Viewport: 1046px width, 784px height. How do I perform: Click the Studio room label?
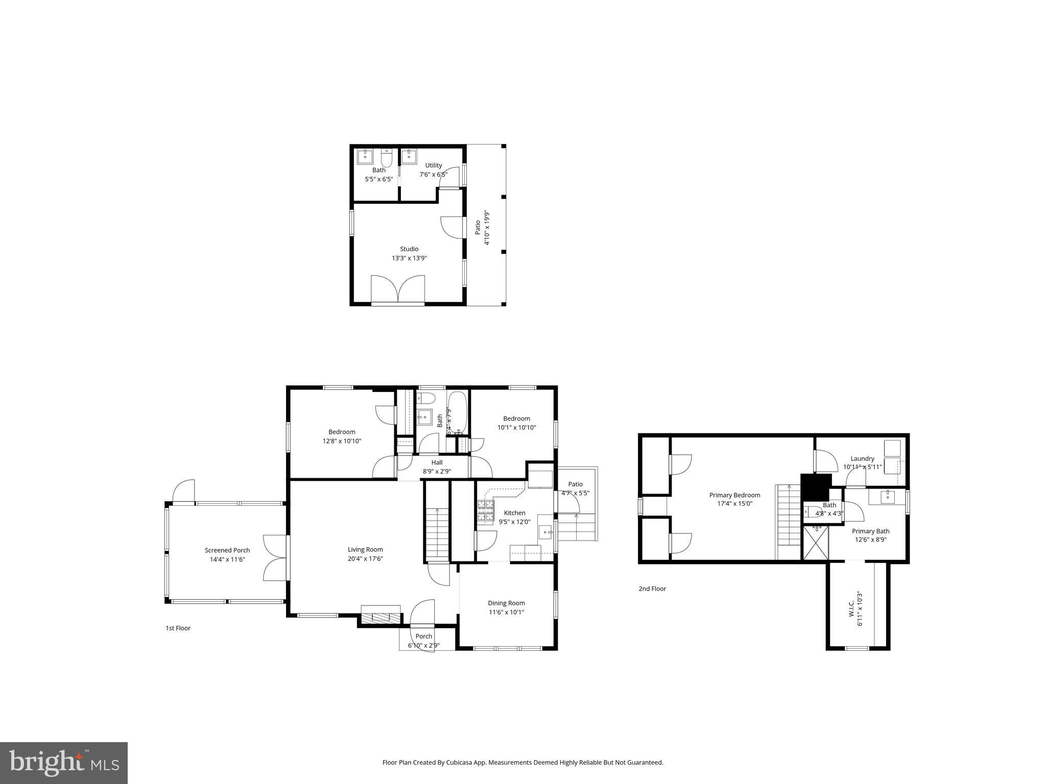409,249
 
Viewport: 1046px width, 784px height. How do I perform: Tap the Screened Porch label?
227,550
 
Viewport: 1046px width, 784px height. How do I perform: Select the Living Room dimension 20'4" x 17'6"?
365,559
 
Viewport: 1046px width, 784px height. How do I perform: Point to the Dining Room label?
506,603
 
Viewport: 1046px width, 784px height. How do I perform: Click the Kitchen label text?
514,513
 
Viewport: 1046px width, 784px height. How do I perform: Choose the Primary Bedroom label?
734,495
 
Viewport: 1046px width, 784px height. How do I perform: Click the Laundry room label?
862,458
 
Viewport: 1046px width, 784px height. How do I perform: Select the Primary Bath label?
870,531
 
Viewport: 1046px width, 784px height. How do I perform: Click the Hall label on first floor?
437,462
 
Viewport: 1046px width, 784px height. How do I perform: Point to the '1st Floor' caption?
178,628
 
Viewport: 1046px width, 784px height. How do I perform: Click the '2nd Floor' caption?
652,589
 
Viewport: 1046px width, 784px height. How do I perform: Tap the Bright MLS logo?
64,763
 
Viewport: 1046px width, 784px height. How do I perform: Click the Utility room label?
434,165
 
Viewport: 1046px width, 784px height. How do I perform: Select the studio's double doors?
398,290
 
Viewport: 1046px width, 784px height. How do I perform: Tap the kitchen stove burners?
486,511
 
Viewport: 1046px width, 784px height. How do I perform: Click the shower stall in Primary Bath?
815,544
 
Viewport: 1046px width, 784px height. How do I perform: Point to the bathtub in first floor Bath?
458,412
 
